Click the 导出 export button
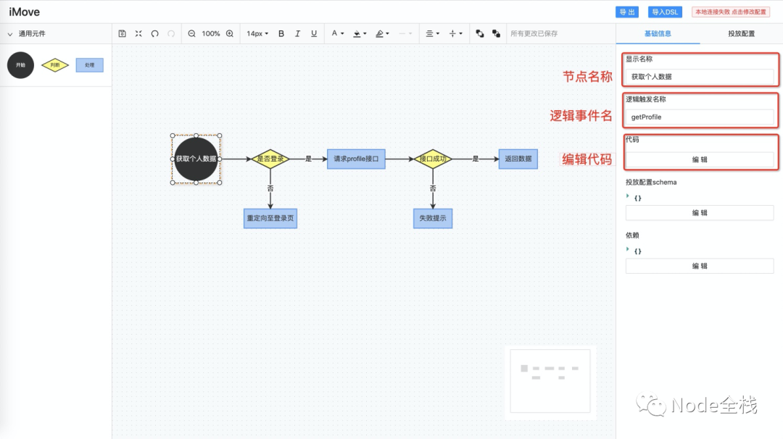626,12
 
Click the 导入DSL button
665,12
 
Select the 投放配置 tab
741,33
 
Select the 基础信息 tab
658,33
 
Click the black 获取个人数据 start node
196,159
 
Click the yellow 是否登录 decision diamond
270,159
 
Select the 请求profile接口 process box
356,159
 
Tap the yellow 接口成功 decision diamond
433,159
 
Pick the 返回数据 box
518,159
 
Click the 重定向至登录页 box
270,218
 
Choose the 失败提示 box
433,218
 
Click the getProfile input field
700,117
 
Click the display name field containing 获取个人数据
700,76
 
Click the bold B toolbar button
281,33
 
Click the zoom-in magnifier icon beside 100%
230,33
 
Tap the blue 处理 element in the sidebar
90,65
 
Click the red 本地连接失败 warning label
730,12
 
